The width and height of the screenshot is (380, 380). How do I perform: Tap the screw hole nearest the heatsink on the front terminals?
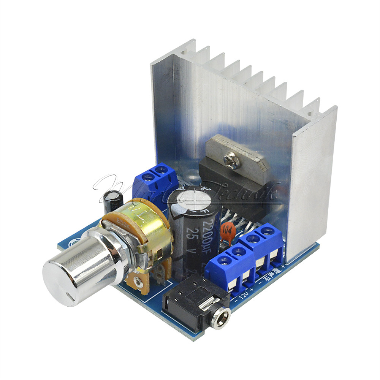268,230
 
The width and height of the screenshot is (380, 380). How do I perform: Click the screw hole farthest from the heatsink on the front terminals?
224,260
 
